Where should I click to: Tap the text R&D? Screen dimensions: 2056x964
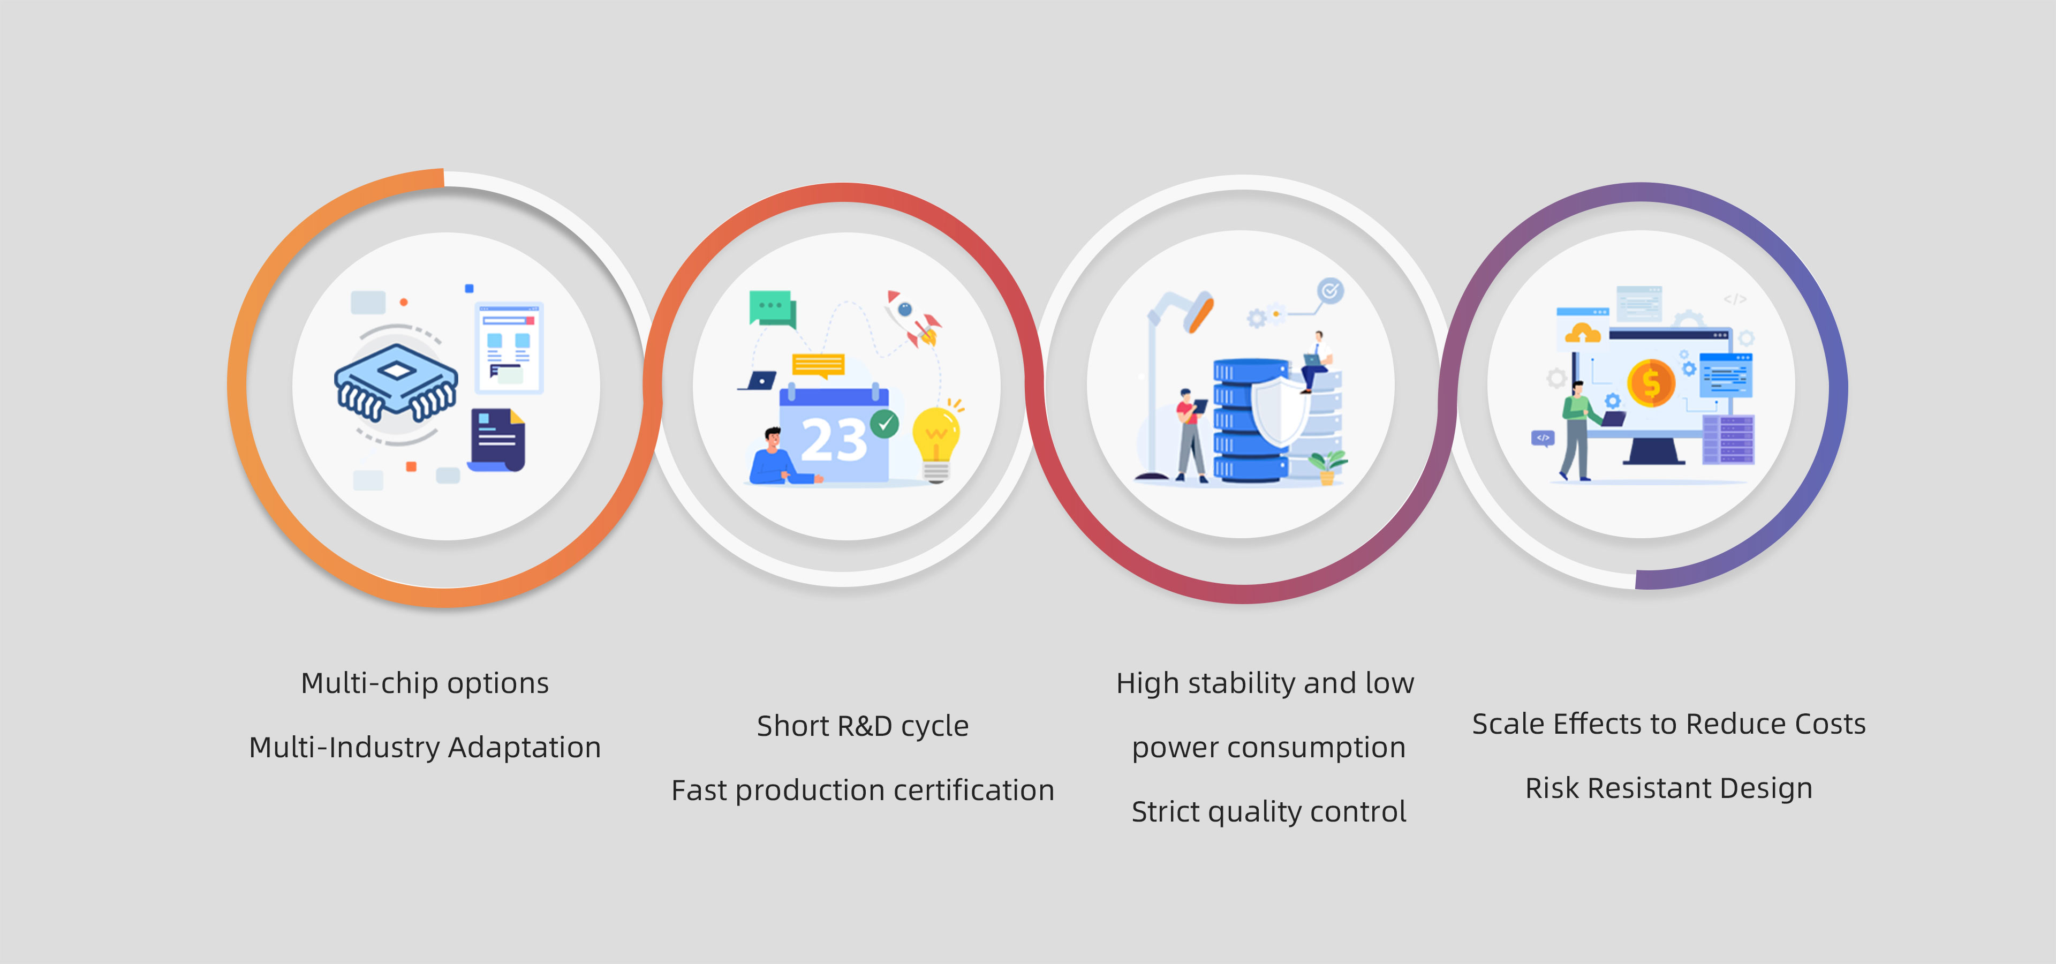864,726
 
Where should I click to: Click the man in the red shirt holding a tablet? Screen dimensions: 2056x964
1190,435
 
